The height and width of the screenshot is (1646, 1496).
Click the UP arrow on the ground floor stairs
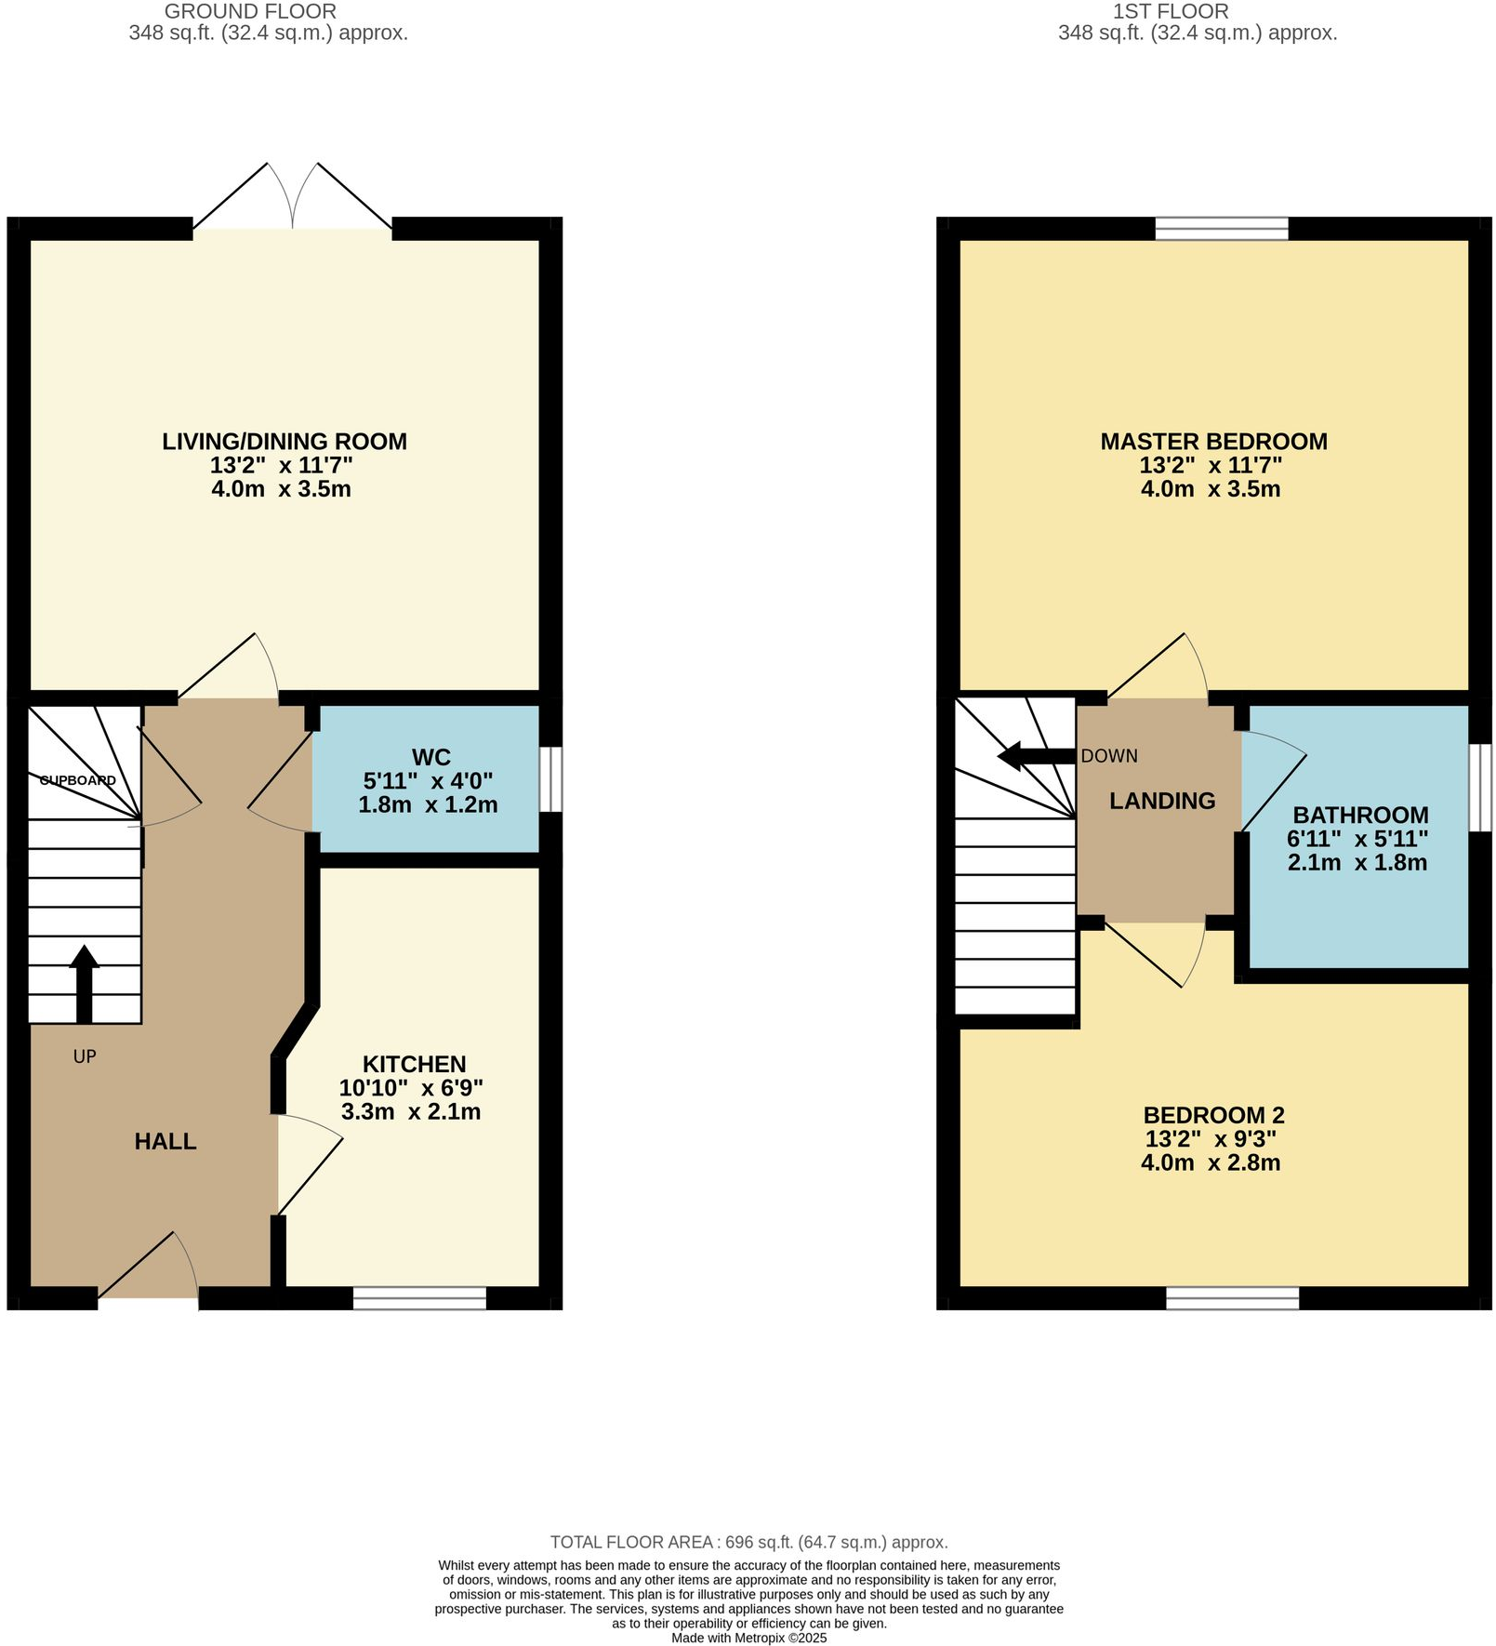84,984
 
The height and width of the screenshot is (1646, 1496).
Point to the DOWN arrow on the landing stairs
1035,756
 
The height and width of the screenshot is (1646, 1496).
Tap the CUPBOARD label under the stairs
78,780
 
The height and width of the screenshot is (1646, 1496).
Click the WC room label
430,757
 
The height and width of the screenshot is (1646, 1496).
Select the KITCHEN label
414,1064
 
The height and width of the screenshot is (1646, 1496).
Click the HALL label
165,1141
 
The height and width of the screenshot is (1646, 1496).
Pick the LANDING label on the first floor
1162,801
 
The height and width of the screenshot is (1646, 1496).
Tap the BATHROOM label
1359,815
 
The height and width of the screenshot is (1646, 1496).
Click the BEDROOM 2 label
1213,1114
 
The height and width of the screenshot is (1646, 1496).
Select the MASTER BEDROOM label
1213,441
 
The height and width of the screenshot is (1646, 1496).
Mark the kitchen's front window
419,1298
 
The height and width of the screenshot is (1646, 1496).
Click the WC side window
550,779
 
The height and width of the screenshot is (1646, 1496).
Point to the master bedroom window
1222,228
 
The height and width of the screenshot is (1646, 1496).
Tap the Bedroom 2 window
1232,1298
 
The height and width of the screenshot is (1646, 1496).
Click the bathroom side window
1480,787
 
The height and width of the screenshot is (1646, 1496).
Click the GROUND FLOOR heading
250,12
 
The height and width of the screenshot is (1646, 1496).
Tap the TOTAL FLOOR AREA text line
748,1542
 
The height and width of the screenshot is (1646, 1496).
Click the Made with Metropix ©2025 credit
748,1638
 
